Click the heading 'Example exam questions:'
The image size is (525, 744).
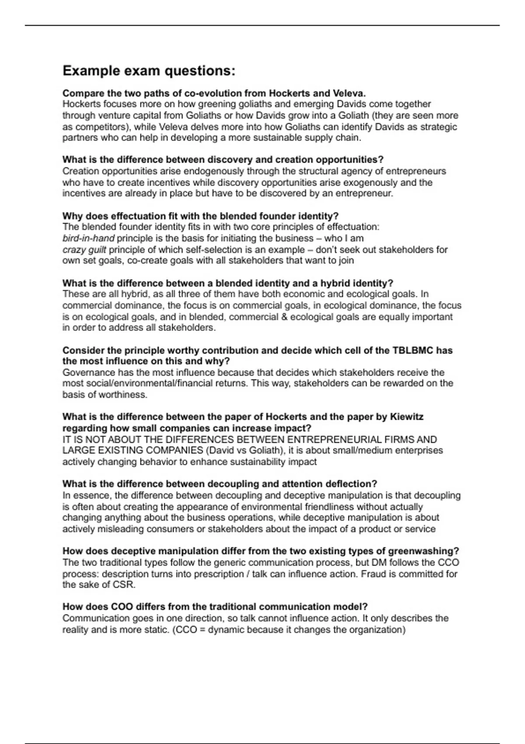(149, 71)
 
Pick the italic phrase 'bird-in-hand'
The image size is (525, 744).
(88, 239)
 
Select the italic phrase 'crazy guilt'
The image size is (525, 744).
(84, 250)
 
